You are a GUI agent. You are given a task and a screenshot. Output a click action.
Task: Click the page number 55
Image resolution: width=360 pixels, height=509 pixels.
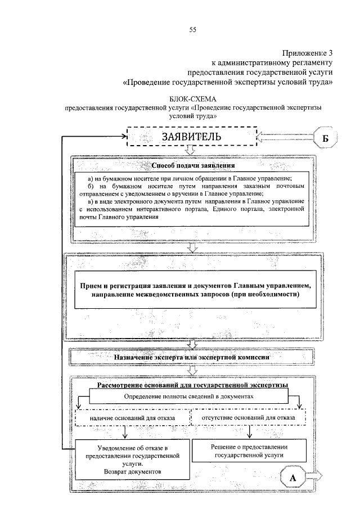192,30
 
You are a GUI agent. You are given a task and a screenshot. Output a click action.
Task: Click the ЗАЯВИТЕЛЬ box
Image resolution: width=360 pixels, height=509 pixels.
192,137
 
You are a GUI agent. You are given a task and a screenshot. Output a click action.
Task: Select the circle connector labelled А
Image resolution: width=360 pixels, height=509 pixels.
292,477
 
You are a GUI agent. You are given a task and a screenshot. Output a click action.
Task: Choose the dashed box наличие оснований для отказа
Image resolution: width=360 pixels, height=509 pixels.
132,419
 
